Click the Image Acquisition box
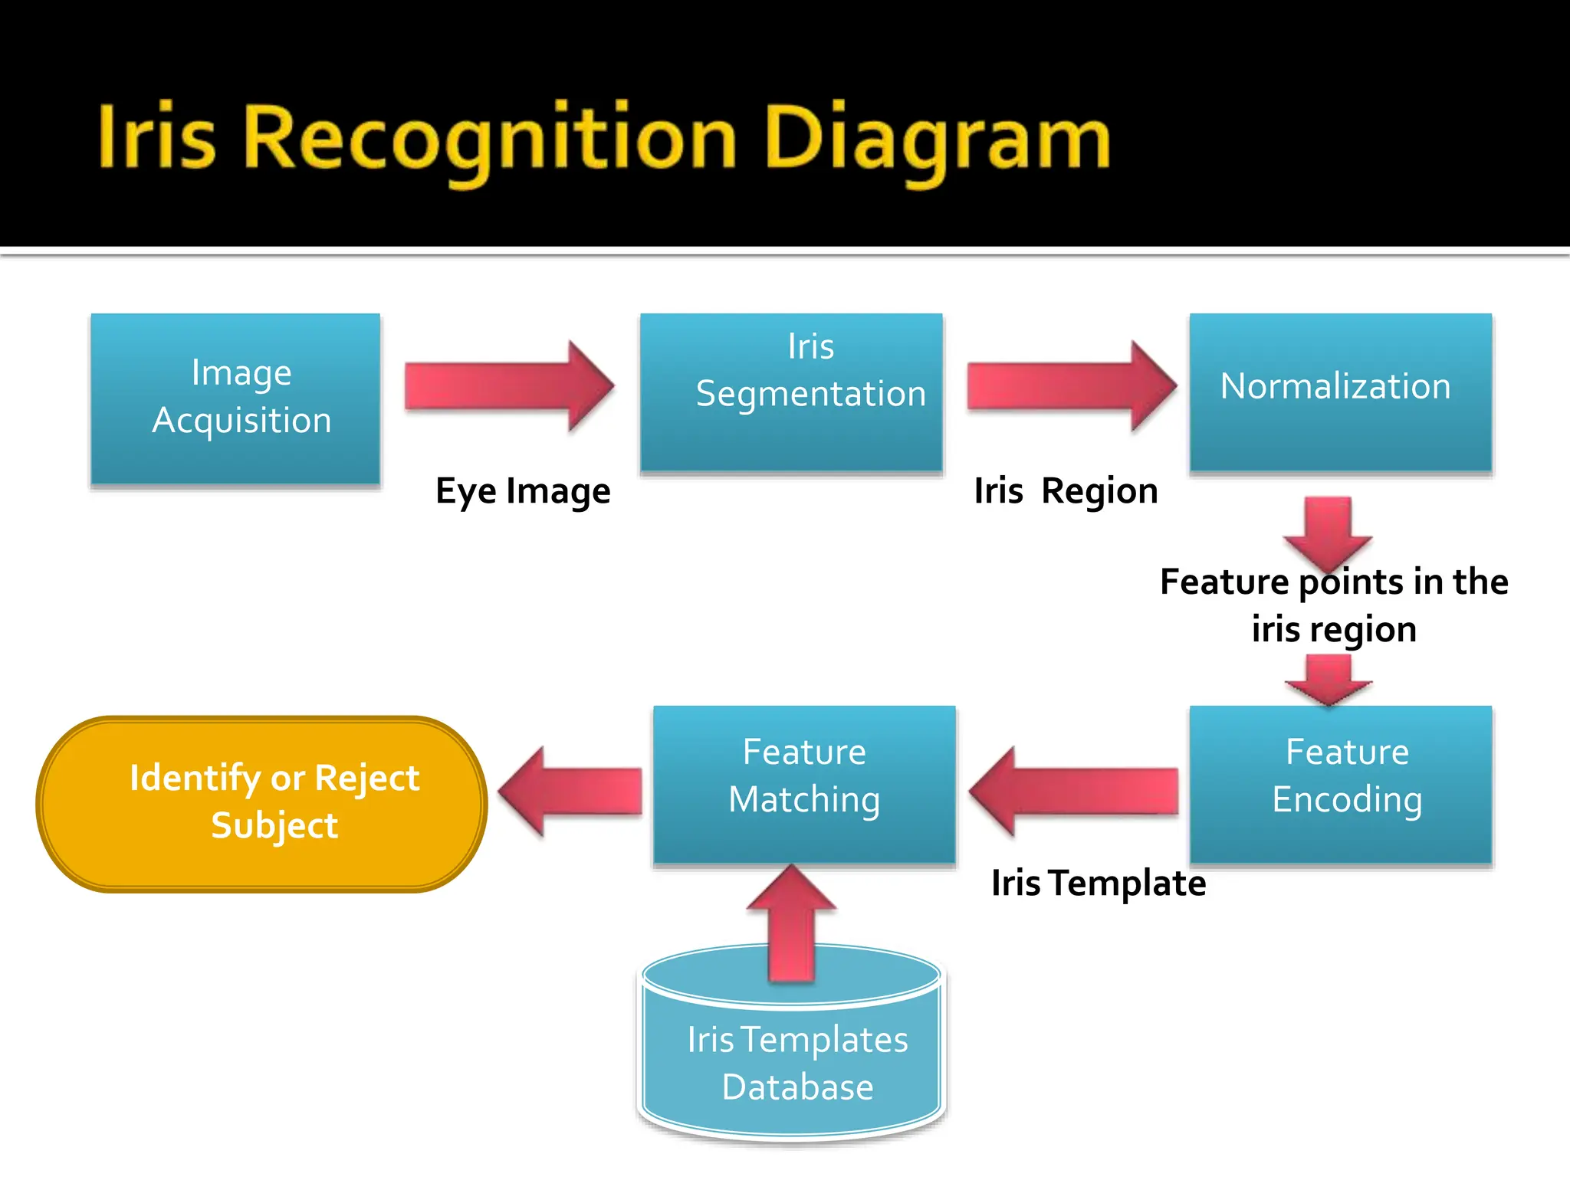(x=235, y=398)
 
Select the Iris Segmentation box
(x=791, y=392)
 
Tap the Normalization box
(x=1340, y=392)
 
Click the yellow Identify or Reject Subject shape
(x=261, y=804)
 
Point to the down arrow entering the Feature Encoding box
(x=1328, y=679)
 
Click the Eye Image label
(x=523, y=491)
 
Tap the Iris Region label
(x=1066, y=491)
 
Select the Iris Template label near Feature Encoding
(x=1098, y=884)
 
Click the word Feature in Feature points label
(x=1224, y=582)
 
